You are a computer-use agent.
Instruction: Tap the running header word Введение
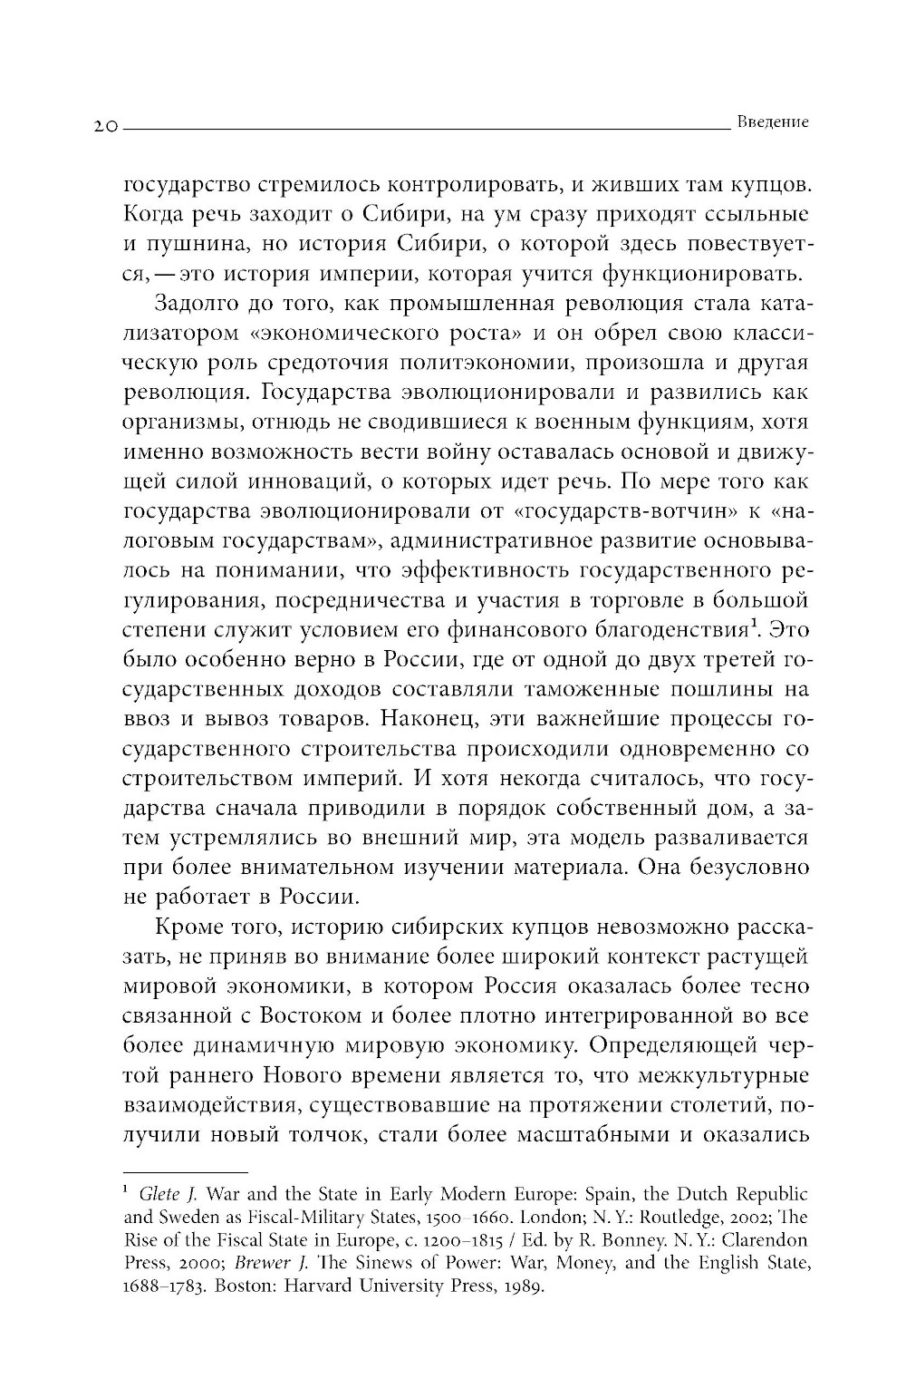772,121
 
